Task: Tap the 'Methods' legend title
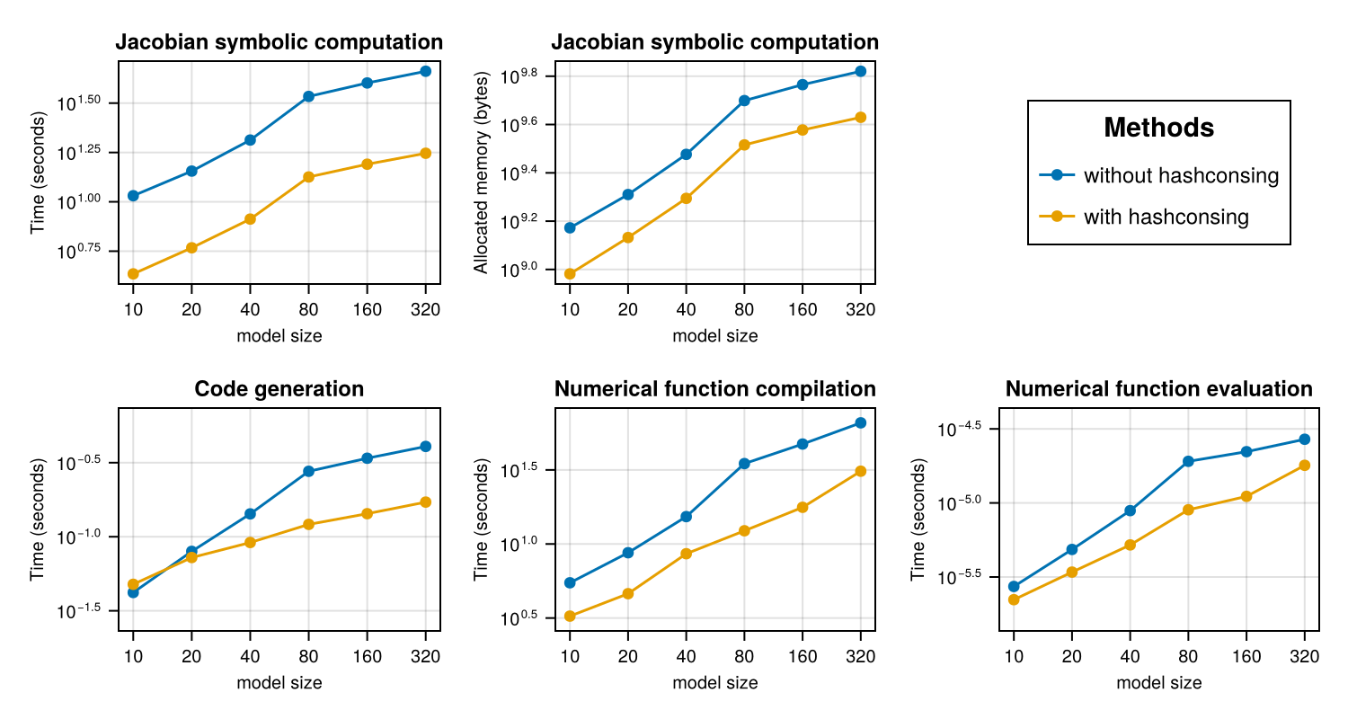tap(1158, 129)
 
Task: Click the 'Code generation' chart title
tap(279, 389)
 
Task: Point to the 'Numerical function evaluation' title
tap(1158, 389)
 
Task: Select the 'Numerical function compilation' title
tap(714, 389)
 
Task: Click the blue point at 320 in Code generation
tap(425, 447)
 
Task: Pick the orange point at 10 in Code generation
tap(133, 584)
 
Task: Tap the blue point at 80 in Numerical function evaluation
tap(1188, 461)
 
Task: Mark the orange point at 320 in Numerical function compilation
tap(861, 471)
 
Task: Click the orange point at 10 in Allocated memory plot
tap(570, 273)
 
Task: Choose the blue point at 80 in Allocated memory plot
tap(744, 101)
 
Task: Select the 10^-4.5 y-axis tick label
tap(960, 429)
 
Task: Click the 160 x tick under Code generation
tap(367, 658)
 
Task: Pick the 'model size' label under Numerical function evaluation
tap(1158, 683)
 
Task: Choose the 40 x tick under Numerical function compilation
tap(686, 658)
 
